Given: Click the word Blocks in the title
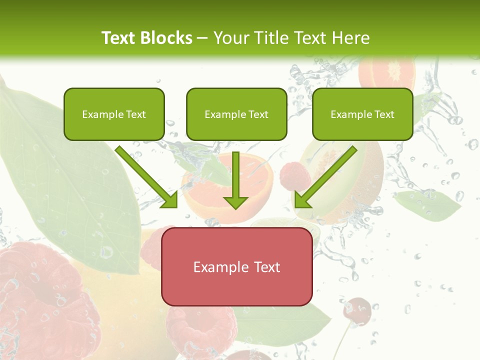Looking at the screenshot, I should pyautogui.click(x=167, y=38).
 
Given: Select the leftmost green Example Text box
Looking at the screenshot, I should pyautogui.click(x=114, y=114).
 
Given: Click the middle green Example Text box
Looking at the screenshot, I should pyautogui.click(x=236, y=114).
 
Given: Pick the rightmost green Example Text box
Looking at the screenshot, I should pyautogui.click(x=362, y=114).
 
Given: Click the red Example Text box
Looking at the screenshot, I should pyautogui.click(x=236, y=266).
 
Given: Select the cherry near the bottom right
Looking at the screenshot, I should pyautogui.click(x=357, y=310).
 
